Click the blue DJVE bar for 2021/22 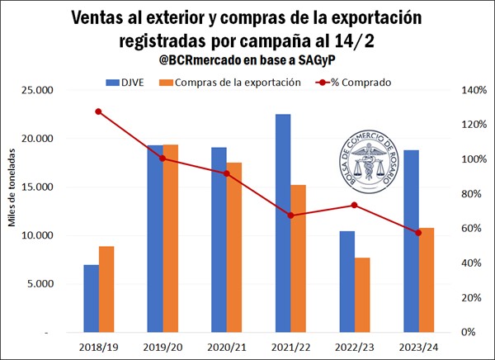click(283, 223)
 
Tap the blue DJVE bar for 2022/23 click(347, 281)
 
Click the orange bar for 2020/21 click(234, 247)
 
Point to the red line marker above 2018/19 click(98, 111)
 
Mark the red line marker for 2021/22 click(290, 216)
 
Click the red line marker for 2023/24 click(419, 233)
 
